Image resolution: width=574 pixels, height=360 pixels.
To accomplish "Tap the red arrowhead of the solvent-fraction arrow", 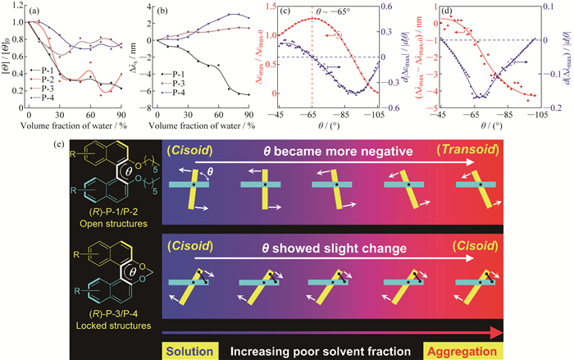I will pyautogui.click(x=563, y=332).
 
